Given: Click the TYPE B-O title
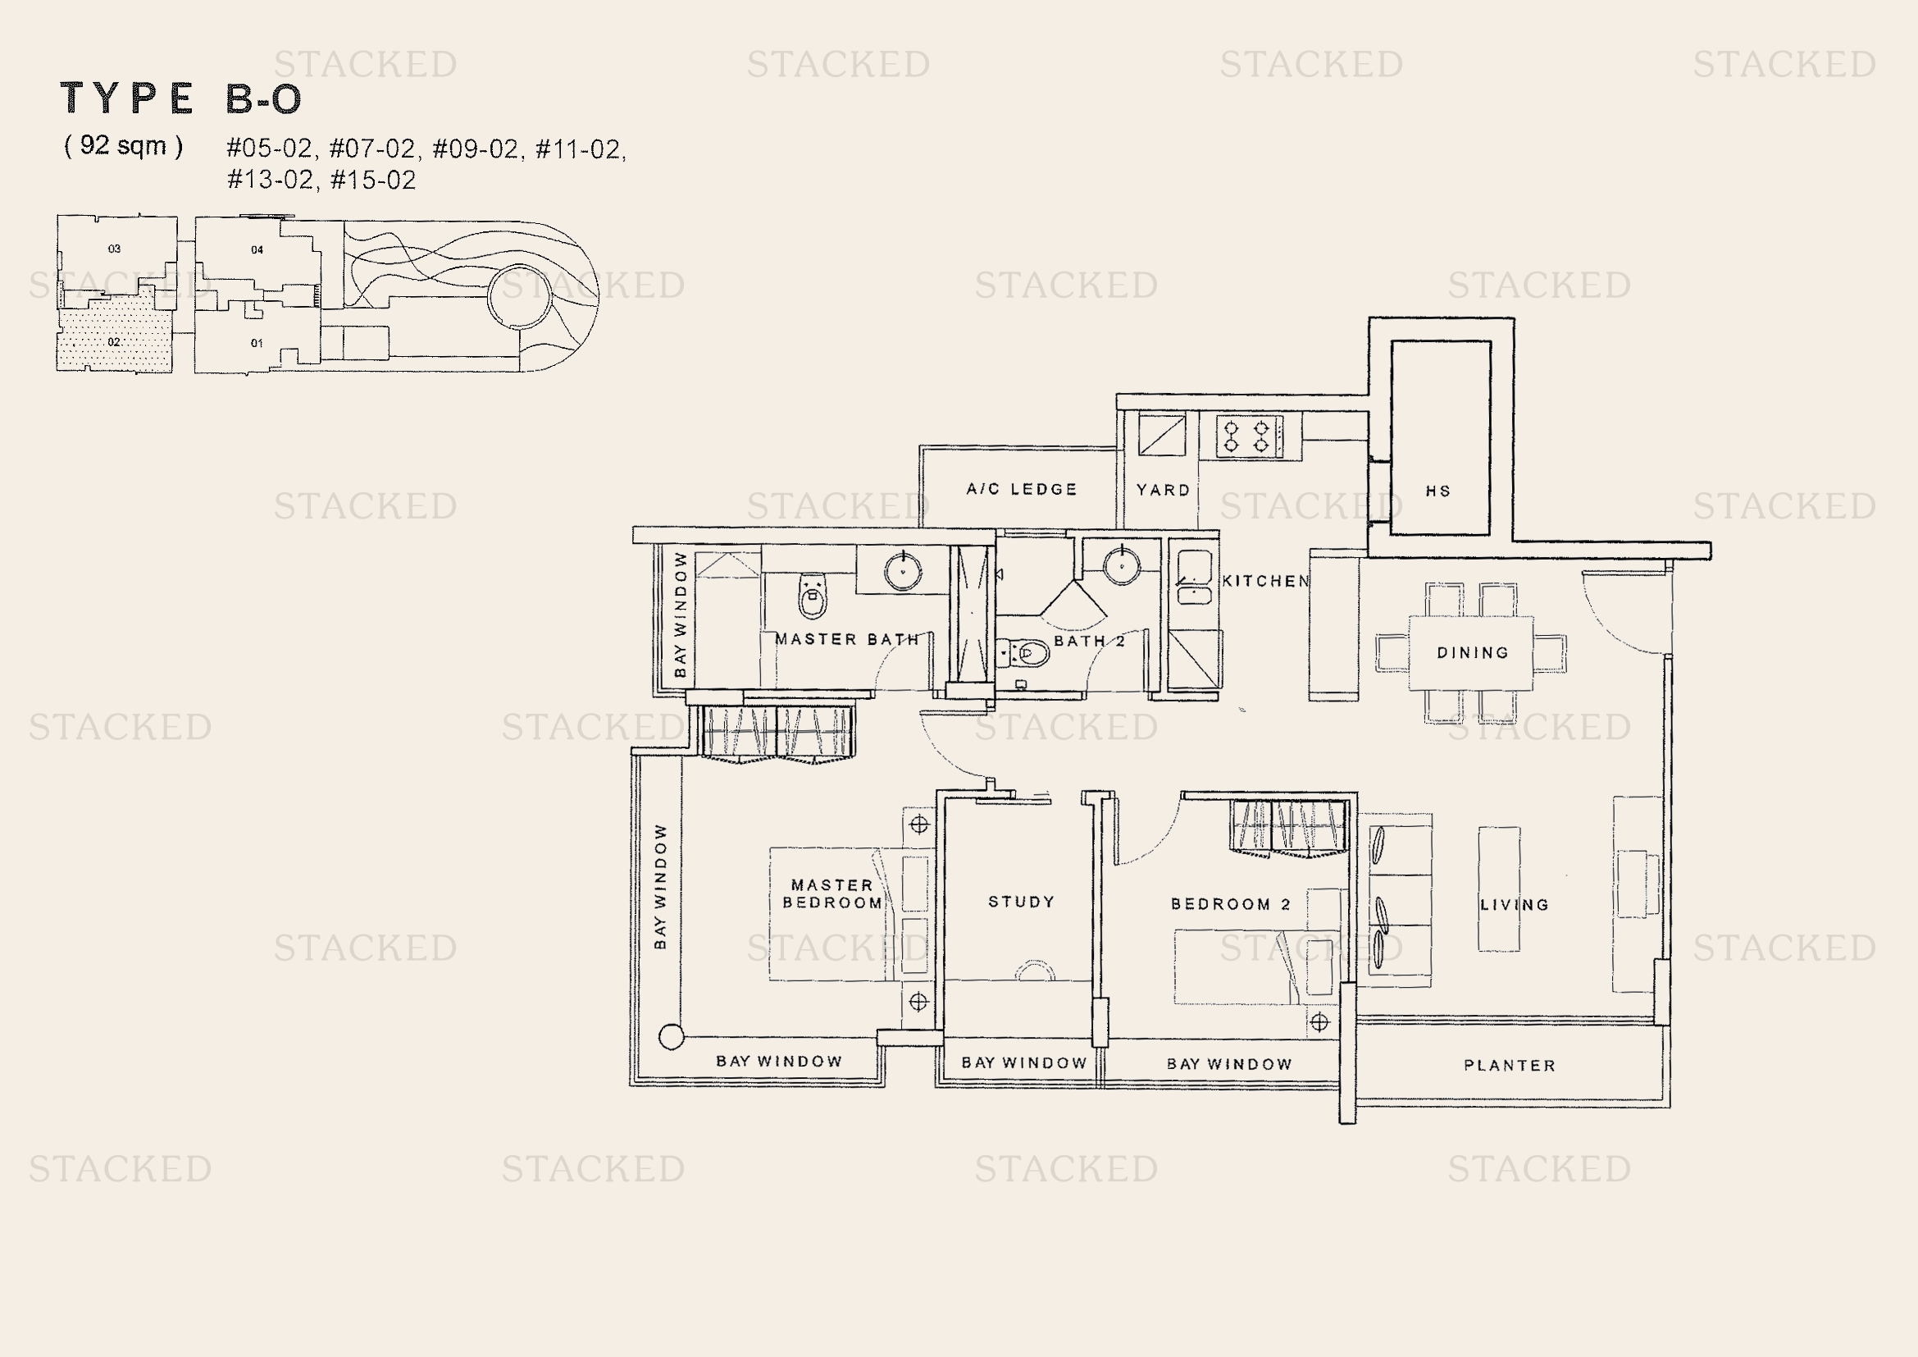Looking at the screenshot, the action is point(180,98).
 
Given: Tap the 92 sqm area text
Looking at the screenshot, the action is point(124,145).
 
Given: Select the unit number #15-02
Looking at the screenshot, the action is point(373,180).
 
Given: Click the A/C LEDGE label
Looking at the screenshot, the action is point(1022,489).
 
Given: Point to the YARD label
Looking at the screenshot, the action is point(1163,490).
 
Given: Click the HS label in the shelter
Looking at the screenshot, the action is point(1437,491).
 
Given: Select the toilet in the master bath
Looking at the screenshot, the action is point(813,594).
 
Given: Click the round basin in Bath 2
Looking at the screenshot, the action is point(1121,566).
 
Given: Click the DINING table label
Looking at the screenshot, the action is point(1473,652).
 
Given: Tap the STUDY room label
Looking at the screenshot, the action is point(1021,902).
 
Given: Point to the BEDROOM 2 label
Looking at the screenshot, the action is point(1231,904).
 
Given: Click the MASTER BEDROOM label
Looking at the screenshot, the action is point(832,893).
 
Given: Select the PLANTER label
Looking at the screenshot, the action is point(1510,1066).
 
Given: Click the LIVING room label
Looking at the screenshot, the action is point(1515,905).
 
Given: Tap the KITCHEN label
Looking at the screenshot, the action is point(1265,581).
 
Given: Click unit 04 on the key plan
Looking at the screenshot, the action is point(257,250).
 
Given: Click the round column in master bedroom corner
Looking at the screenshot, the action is point(672,1037).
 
